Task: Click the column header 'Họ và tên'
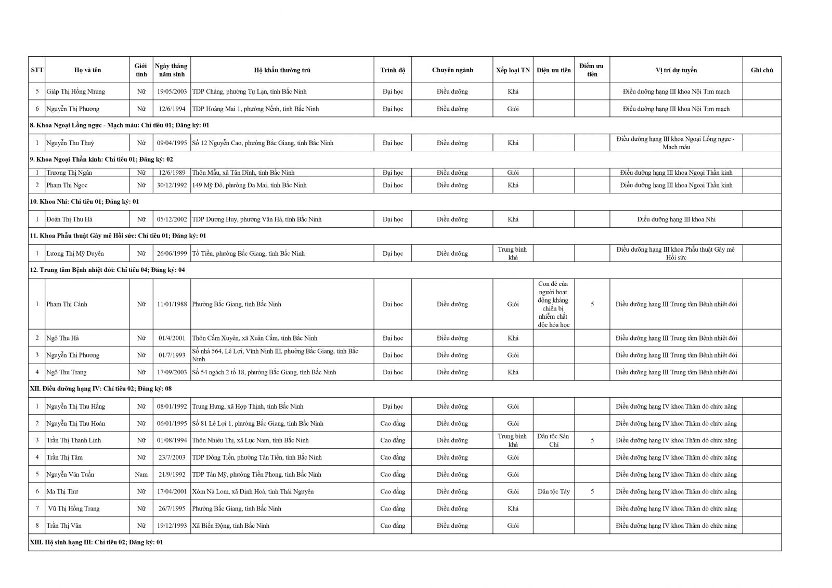(87, 70)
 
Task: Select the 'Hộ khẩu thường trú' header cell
(282, 70)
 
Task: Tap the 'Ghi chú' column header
(761, 70)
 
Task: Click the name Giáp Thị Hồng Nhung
(75, 92)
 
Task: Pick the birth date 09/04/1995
(172, 143)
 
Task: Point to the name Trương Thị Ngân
(69, 173)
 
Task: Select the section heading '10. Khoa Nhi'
(84, 202)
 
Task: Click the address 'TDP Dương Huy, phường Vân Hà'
(256, 219)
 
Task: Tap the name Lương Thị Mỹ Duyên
(75, 254)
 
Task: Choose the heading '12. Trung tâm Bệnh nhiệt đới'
(107, 270)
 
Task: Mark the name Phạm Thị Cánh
(67, 304)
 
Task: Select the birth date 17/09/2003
(172, 372)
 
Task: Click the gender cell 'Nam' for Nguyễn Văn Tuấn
(141, 475)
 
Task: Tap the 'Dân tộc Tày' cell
(553, 491)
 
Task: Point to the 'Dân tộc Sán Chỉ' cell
(553, 440)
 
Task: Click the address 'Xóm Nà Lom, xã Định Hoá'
(253, 491)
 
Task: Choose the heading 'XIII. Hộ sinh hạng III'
(96, 542)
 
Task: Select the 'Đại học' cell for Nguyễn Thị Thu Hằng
(393, 407)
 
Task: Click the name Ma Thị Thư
(62, 491)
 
